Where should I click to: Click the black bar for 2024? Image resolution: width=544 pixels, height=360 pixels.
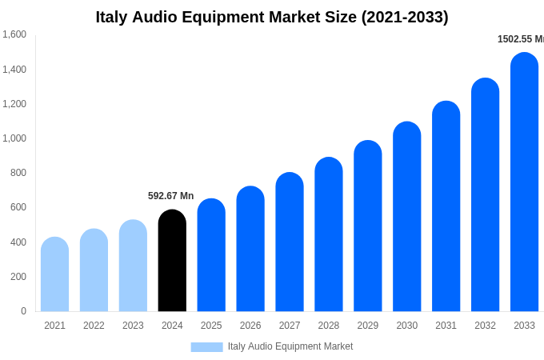pyautogui.click(x=172, y=261)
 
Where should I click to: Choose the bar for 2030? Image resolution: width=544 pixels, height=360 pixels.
pyautogui.click(x=406, y=217)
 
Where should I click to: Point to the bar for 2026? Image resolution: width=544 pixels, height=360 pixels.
pyautogui.click(x=250, y=249)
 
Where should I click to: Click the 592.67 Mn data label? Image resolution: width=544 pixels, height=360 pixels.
pyautogui.click(x=170, y=196)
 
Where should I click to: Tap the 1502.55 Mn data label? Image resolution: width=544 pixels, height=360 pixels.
pyautogui.click(x=521, y=39)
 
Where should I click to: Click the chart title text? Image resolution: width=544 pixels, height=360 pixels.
pyautogui.click(x=272, y=17)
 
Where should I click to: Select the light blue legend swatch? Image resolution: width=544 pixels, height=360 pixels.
pyautogui.click(x=206, y=347)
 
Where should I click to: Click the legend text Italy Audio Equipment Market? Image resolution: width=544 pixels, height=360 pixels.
pyautogui.click(x=290, y=346)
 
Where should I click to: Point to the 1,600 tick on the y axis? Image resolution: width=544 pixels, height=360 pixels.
pyautogui.click(x=14, y=34)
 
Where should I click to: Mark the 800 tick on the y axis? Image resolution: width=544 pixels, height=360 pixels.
pyautogui.click(x=18, y=173)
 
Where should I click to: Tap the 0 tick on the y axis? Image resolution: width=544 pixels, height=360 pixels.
pyautogui.click(x=23, y=311)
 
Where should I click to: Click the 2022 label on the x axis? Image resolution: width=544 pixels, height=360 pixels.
pyautogui.click(x=94, y=326)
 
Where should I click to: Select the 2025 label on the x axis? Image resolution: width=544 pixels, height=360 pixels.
pyautogui.click(x=211, y=326)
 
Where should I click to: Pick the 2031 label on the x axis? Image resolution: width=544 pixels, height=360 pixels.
pyautogui.click(x=446, y=326)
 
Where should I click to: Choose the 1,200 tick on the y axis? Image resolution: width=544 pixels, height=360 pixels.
pyautogui.click(x=14, y=104)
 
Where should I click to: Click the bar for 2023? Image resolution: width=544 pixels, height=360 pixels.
pyautogui.click(x=133, y=266)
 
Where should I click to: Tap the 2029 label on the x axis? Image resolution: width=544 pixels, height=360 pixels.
pyautogui.click(x=368, y=326)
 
